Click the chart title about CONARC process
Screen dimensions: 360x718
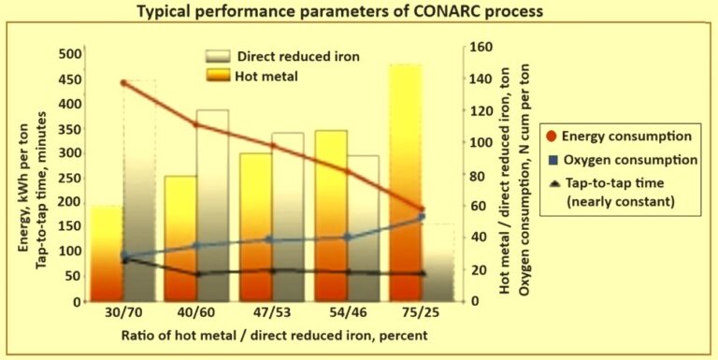(x=358, y=12)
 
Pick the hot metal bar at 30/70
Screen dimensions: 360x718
(x=108, y=252)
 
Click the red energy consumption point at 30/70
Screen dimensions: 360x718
(x=124, y=83)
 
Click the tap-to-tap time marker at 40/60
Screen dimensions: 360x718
(x=198, y=274)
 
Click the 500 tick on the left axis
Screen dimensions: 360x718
(x=68, y=54)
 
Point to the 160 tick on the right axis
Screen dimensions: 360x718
(x=477, y=46)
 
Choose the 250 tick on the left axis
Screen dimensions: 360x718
(x=68, y=178)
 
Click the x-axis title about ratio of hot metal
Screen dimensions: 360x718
(x=260, y=335)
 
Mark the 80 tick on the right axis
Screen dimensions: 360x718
(x=477, y=174)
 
